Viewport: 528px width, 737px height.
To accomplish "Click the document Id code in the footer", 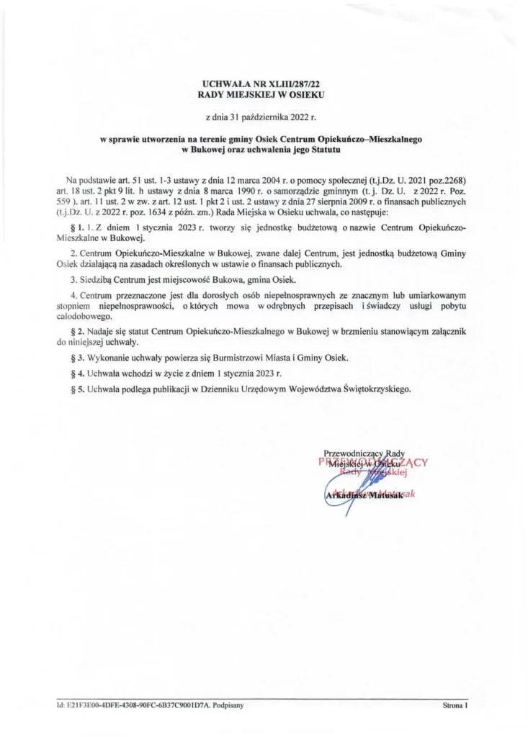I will point(134,706).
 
